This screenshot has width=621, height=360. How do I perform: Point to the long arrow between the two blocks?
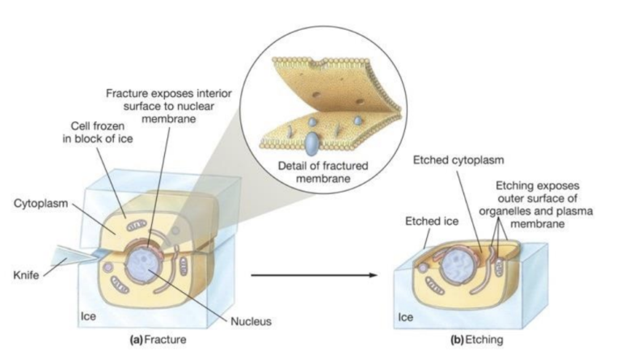point(315,276)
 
